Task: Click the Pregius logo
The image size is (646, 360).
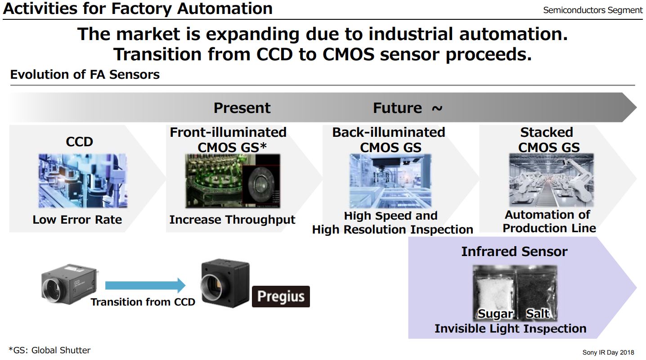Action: [x=281, y=297]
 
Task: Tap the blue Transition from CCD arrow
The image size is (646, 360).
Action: [x=145, y=285]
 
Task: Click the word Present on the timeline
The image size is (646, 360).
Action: [x=242, y=108]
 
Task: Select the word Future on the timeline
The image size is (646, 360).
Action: [x=397, y=108]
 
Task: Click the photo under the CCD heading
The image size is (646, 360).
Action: [x=82, y=181]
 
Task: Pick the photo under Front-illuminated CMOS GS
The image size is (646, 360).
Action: [x=233, y=181]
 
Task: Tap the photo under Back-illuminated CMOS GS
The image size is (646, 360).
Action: [x=390, y=181]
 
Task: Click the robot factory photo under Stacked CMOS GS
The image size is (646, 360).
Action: [x=551, y=180]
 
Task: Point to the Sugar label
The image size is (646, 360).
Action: [x=495, y=314]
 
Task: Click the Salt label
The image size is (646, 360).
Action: [x=538, y=314]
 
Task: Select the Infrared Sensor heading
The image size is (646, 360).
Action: [x=514, y=252]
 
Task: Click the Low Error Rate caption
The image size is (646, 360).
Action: [x=77, y=220]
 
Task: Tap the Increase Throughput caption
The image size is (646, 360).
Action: [x=232, y=220]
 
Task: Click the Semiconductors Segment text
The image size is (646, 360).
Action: [x=593, y=10]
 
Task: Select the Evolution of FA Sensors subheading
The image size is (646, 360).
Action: [x=85, y=74]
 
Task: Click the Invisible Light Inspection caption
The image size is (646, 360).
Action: [x=510, y=328]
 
